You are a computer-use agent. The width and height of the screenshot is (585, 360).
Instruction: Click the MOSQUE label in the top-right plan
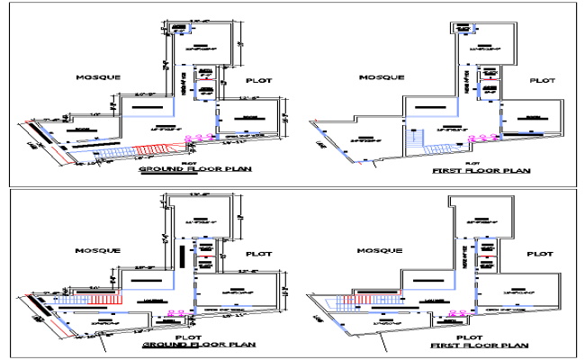coord(380,77)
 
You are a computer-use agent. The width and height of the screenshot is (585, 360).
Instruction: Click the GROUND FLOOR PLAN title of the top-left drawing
coord(194,169)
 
